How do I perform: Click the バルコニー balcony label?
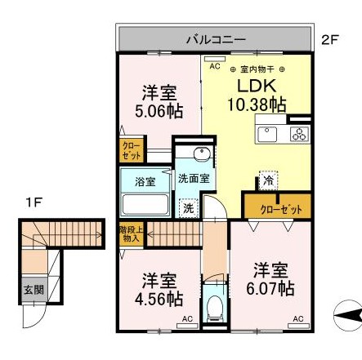point(216,38)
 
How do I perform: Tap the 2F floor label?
point(330,38)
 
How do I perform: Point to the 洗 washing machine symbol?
point(188,208)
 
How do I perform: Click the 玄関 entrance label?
point(32,289)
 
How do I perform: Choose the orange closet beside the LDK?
point(275,207)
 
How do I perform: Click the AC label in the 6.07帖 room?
point(297,318)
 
